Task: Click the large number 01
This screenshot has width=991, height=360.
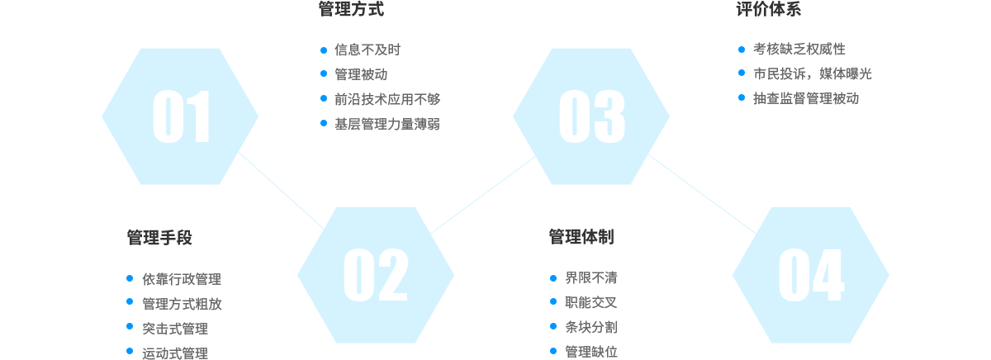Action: pos(182,117)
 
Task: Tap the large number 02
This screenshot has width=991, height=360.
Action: pos(376,275)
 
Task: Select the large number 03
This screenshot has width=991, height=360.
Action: pos(591,117)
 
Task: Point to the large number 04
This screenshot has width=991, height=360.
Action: pos(811,275)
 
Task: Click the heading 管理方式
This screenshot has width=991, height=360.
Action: pos(351,9)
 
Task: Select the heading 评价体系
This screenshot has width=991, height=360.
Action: pos(768,9)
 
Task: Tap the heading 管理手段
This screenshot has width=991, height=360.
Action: pos(159,238)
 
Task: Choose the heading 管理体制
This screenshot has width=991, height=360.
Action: pos(581,237)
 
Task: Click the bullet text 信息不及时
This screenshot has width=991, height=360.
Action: pos(367,50)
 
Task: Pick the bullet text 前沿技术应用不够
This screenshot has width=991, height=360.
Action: pos(387,99)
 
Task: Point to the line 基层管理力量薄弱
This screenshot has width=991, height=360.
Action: pos(387,124)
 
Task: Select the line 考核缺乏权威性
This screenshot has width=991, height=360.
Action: pos(799,49)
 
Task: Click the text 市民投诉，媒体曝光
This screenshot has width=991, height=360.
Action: pos(813,73)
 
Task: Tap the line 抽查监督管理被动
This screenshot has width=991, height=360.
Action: pos(806,98)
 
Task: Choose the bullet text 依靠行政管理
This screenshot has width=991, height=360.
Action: pos(182,279)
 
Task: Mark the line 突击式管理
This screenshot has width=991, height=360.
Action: pos(175,329)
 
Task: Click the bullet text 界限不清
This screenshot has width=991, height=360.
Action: pos(591,277)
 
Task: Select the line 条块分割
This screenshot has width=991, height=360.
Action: pos(591,327)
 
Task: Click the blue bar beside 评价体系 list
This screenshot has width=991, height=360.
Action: pos(741,73)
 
